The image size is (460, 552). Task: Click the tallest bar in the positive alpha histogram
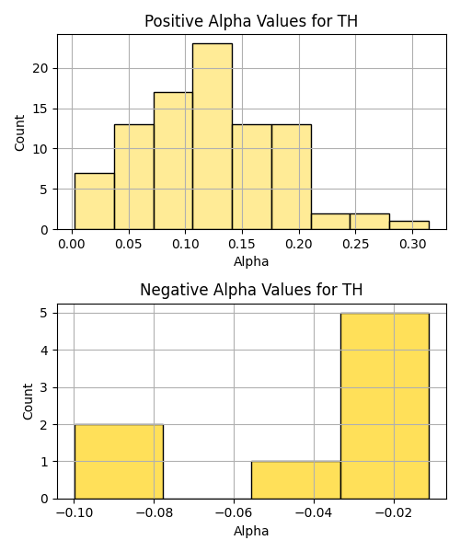[x=213, y=136]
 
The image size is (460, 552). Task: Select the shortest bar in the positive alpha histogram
[x=409, y=225]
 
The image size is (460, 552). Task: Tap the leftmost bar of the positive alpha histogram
[x=95, y=201]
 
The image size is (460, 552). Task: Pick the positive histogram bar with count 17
[x=173, y=161]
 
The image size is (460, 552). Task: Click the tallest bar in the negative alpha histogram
[x=385, y=406]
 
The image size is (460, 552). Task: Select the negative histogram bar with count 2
[x=119, y=462]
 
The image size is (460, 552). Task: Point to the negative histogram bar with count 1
[x=295, y=480]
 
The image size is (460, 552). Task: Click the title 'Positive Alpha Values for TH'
[x=251, y=21]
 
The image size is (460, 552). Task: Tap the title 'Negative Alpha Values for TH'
[x=251, y=290]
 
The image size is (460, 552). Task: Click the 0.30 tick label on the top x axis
[x=412, y=244]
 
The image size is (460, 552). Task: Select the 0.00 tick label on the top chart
[x=72, y=244]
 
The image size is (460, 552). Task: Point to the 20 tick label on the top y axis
[x=40, y=68]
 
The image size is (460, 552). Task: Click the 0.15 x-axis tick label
[x=242, y=244]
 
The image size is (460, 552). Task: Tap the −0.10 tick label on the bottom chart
[x=75, y=513]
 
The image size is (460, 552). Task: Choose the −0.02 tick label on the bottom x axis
[x=394, y=513]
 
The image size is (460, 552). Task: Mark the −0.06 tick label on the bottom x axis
[x=234, y=513]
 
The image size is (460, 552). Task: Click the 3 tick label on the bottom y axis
[x=44, y=387]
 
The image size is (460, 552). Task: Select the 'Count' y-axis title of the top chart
[x=19, y=132]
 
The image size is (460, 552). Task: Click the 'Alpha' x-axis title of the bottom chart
[x=251, y=531]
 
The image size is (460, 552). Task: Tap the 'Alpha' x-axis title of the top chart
[x=251, y=261]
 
